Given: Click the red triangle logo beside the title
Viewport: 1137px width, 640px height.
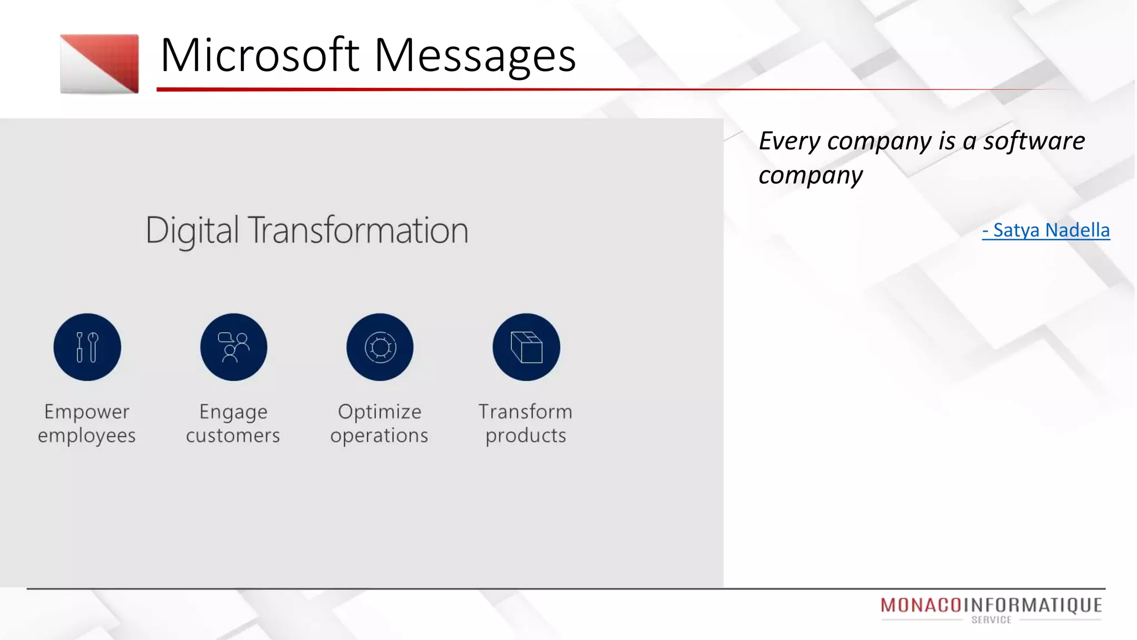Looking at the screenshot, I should pyautogui.click(x=100, y=63).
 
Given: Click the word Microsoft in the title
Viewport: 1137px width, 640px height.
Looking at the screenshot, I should pyautogui.click(x=260, y=56).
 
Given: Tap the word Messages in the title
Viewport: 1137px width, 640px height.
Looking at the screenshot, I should pyautogui.click(x=475, y=56).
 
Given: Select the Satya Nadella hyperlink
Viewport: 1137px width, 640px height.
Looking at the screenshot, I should pyautogui.click(x=1046, y=230).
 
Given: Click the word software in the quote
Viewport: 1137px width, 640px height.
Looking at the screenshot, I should pyautogui.click(x=1034, y=141).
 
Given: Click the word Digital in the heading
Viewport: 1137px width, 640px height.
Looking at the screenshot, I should pyautogui.click(x=192, y=231).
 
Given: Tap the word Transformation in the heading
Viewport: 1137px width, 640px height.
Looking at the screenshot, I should pyautogui.click(x=358, y=231).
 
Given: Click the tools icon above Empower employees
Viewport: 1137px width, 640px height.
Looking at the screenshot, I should pyautogui.click(x=87, y=347).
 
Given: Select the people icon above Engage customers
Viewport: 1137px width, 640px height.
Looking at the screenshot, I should pyautogui.click(x=234, y=347).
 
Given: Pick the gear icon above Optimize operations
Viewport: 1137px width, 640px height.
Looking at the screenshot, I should pyautogui.click(x=380, y=347).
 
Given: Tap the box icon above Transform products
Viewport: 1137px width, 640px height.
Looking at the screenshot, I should pyautogui.click(x=526, y=347).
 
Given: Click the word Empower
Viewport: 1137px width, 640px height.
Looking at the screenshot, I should pyautogui.click(x=87, y=412).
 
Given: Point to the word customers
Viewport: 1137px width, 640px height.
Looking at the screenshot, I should pyautogui.click(x=233, y=436).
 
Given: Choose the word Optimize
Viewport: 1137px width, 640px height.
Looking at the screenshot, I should pyautogui.click(x=380, y=412).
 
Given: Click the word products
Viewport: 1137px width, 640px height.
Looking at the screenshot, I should pyautogui.click(x=526, y=436).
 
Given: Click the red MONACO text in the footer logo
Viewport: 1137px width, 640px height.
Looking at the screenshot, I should pyautogui.click(x=921, y=605).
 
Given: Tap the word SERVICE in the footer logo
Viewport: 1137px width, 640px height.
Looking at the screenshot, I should pyautogui.click(x=992, y=620).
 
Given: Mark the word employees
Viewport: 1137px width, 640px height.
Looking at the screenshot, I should pyautogui.click(x=87, y=436).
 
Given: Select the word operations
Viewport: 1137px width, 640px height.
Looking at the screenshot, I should pyautogui.click(x=379, y=436).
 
